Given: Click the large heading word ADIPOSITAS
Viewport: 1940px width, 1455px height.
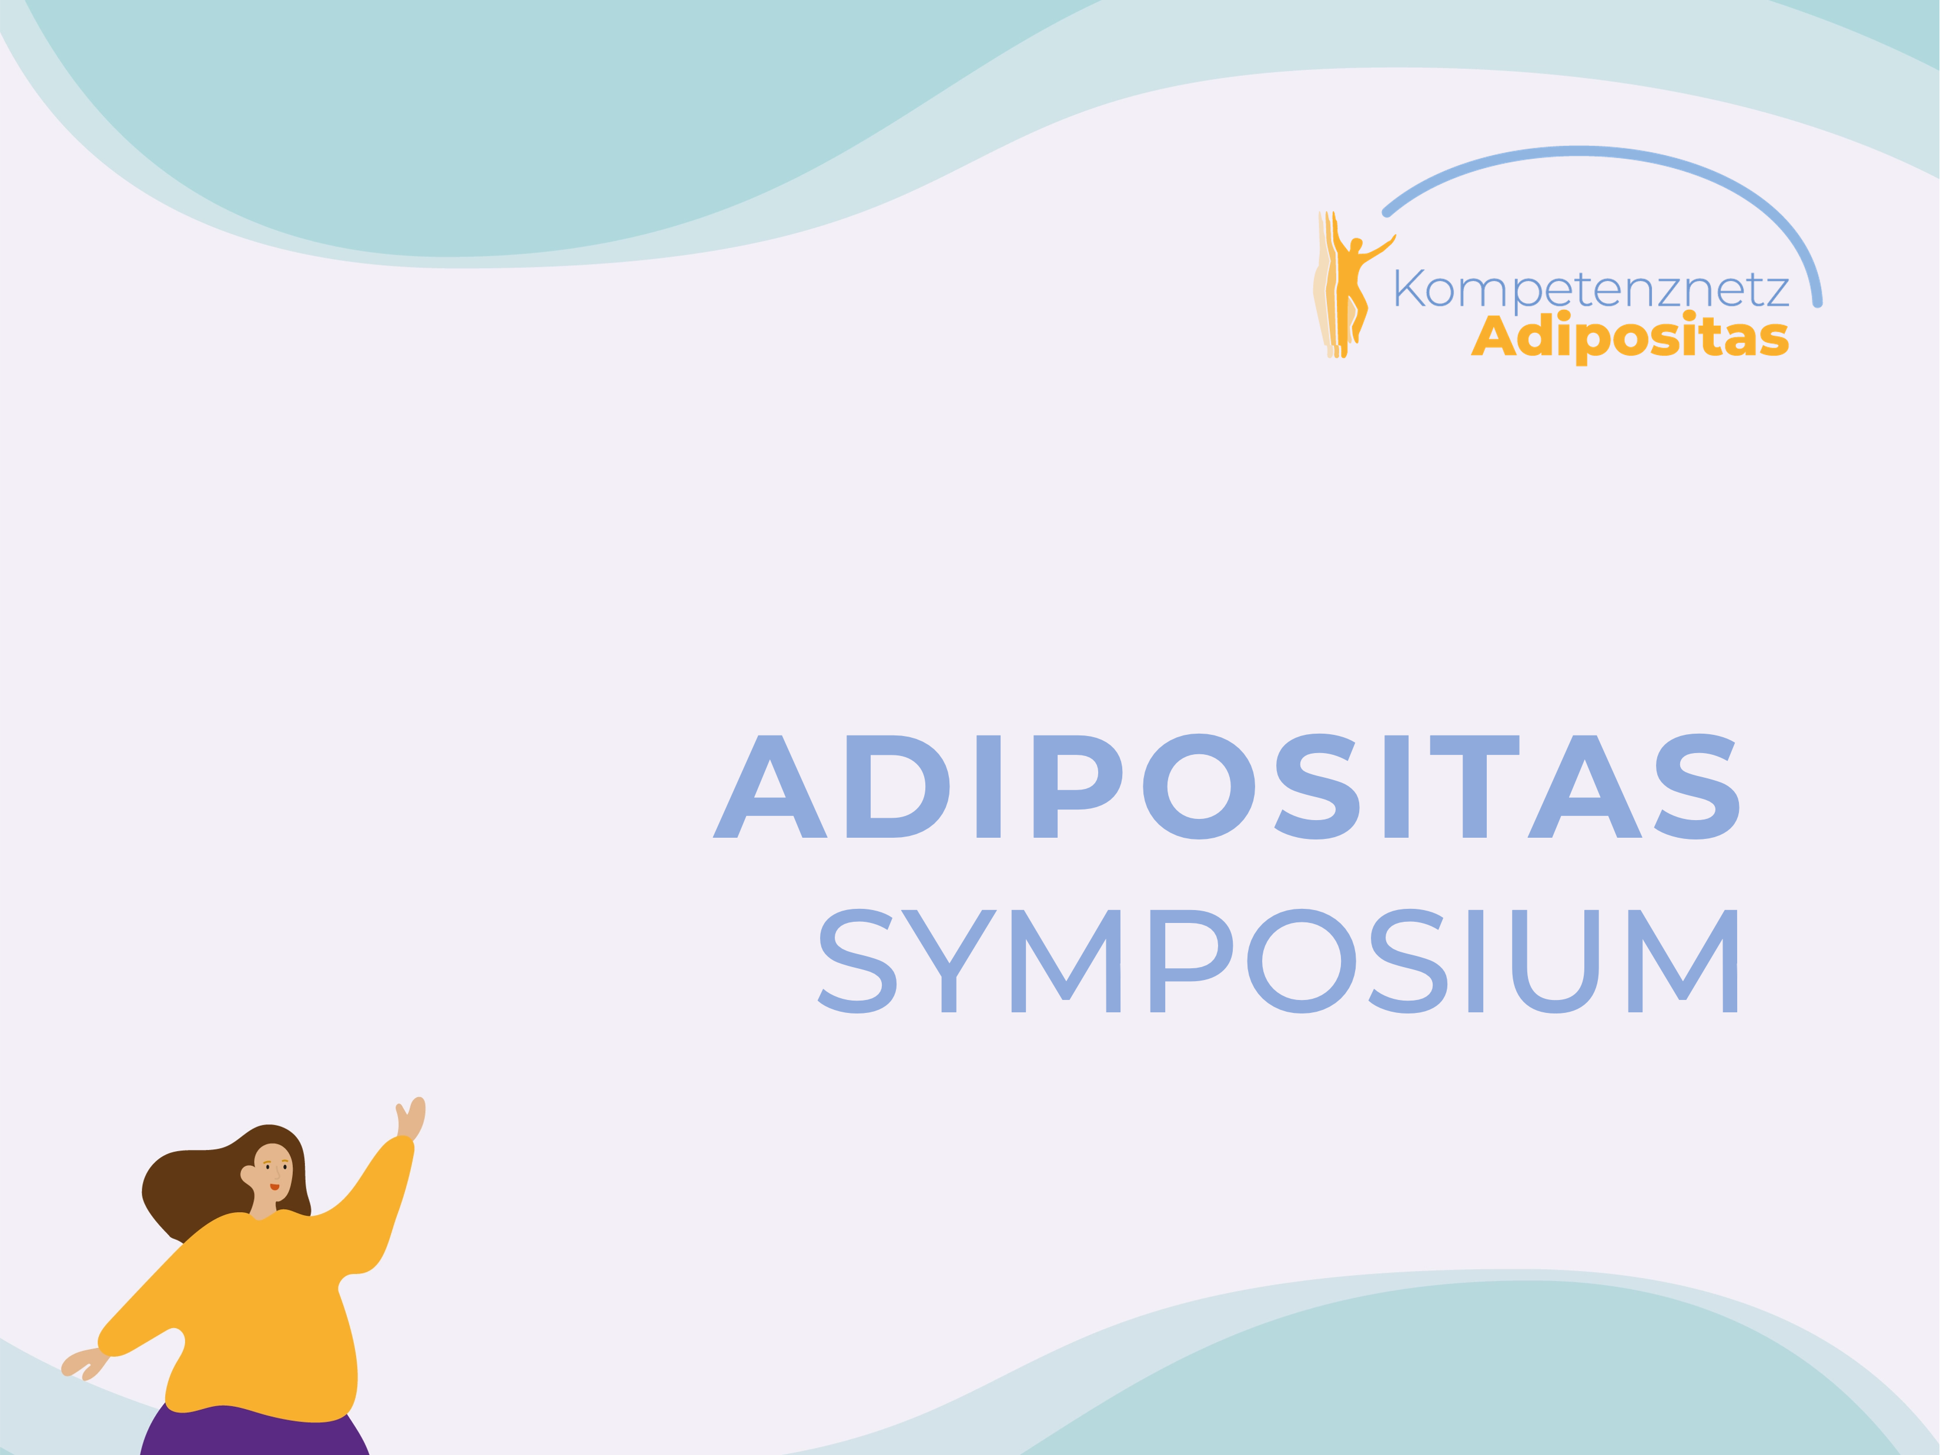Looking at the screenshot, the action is point(1225,787).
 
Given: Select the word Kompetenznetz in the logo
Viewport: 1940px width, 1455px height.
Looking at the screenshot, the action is point(1592,289).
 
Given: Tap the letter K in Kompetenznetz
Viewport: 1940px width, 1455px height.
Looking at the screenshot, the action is point(1409,287).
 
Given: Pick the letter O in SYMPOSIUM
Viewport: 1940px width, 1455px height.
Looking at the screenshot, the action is point(1302,961).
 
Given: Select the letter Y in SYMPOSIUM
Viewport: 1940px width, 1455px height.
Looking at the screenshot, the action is point(949,961).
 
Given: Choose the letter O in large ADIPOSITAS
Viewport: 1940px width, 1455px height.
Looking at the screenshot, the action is point(1199,787).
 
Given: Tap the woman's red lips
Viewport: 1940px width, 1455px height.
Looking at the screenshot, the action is point(275,1186).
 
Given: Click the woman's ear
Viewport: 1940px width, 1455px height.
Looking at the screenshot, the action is point(247,1173).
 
